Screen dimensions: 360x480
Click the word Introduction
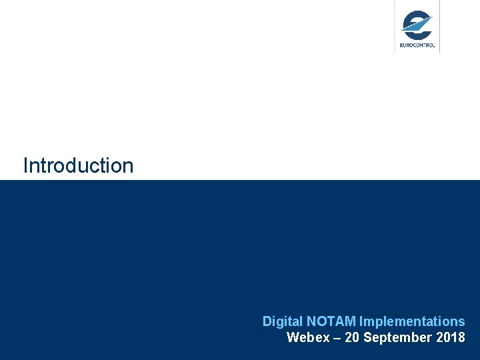(78, 165)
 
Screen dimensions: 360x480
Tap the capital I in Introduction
(25, 165)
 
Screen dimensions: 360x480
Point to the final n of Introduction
(128, 167)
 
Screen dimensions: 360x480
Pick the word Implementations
(412, 321)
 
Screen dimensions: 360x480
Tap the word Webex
(308, 337)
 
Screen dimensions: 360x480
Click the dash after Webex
(337, 337)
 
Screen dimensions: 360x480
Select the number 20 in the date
(352, 337)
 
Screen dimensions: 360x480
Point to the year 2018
(451, 337)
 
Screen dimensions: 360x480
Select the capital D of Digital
(267, 321)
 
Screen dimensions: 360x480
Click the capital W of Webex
(292, 337)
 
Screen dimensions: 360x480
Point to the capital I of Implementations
(361, 321)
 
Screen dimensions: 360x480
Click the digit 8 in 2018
(461, 337)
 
